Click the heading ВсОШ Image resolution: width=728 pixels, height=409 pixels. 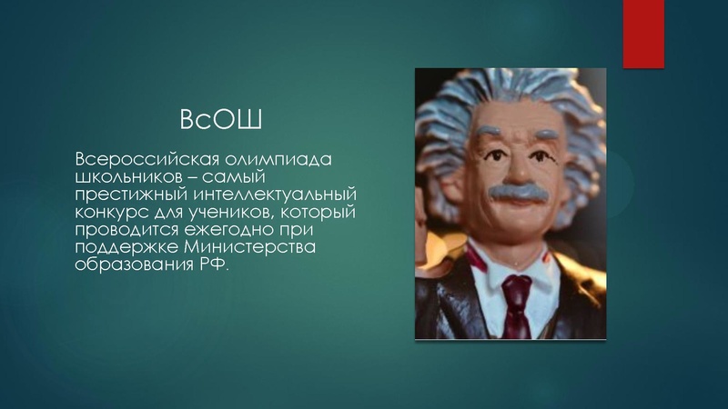[x=214, y=119]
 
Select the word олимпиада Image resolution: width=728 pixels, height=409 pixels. [x=282, y=160]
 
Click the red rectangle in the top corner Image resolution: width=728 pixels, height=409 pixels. [x=642, y=34]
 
